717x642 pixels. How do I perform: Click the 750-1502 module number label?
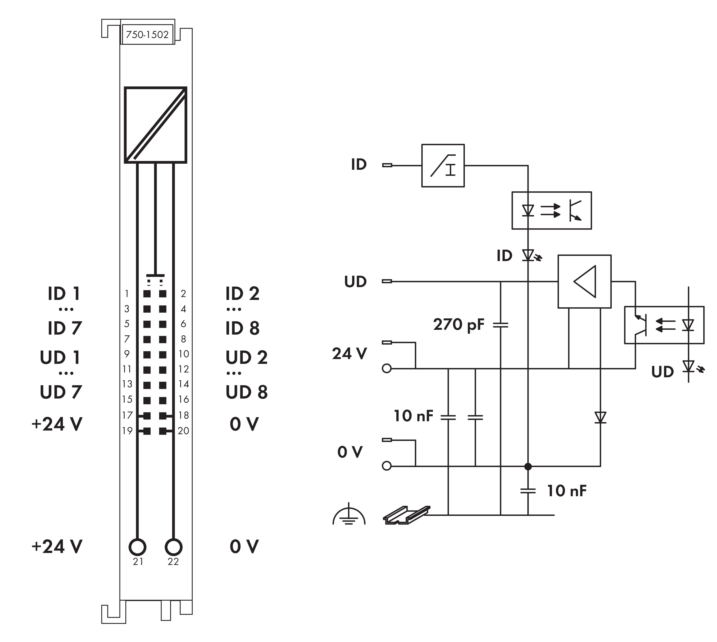click(x=147, y=35)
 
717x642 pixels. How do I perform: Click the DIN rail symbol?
click(x=406, y=515)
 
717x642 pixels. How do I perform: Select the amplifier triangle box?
click(x=584, y=282)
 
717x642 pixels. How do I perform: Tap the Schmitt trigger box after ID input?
click(x=443, y=165)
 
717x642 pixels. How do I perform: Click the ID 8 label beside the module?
click(x=243, y=328)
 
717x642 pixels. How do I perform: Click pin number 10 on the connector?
click(x=184, y=354)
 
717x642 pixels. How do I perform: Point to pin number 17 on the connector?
click(x=127, y=415)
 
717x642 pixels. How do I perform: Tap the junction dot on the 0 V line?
click(x=528, y=466)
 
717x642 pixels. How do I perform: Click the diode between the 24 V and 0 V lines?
click(x=600, y=417)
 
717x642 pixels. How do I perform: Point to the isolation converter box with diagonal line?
click(x=155, y=125)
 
